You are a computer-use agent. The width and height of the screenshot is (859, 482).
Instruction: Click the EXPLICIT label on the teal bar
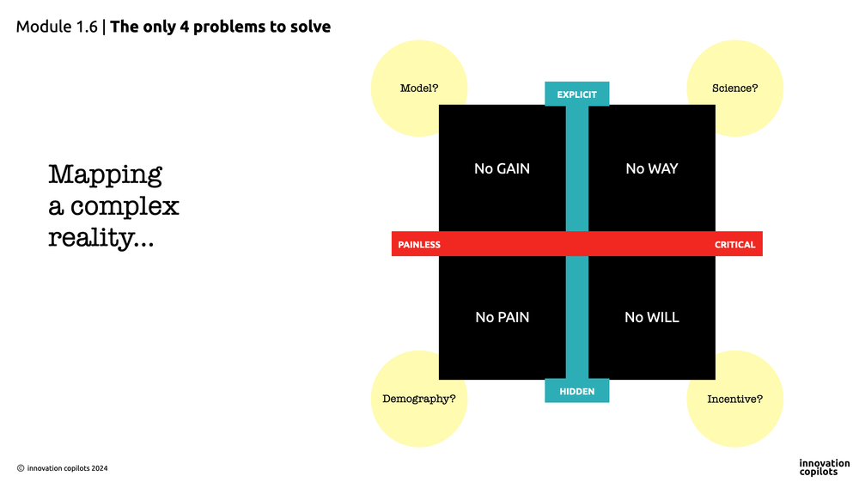(x=576, y=95)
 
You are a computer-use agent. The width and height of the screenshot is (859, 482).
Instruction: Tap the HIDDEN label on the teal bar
(x=576, y=391)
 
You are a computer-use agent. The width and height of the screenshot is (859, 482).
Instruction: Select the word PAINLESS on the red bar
(x=419, y=245)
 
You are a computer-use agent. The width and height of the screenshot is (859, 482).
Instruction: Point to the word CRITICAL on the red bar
(x=734, y=245)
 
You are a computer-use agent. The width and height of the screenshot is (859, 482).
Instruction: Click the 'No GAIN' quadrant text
(x=502, y=169)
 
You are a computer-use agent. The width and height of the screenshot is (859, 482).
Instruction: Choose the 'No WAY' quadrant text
(x=651, y=169)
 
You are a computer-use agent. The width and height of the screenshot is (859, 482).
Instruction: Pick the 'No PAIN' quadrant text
(x=502, y=318)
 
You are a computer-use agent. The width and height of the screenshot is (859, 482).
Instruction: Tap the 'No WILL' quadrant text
(x=651, y=318)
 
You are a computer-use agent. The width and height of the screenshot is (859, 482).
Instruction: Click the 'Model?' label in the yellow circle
(x=419, y=88)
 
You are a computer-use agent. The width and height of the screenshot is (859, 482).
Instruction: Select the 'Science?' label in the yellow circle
(x=734, y=88)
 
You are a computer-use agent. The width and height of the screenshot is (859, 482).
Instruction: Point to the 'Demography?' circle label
(x=418, y=400)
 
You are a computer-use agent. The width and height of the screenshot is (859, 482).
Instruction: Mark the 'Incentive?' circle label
(x=734, y=400)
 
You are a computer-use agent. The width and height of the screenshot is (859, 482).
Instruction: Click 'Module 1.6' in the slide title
(x=57, y=27)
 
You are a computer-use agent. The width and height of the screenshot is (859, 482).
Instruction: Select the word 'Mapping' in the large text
(x=105, y=175)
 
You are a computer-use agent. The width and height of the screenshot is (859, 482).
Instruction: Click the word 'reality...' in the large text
(x=101, y=237)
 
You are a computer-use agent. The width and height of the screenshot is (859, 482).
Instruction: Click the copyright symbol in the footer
(x=21, y=468)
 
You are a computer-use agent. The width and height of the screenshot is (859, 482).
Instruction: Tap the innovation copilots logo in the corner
(x=824, y=467)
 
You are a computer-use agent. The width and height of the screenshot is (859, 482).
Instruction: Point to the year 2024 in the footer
(x=98, y=468)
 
